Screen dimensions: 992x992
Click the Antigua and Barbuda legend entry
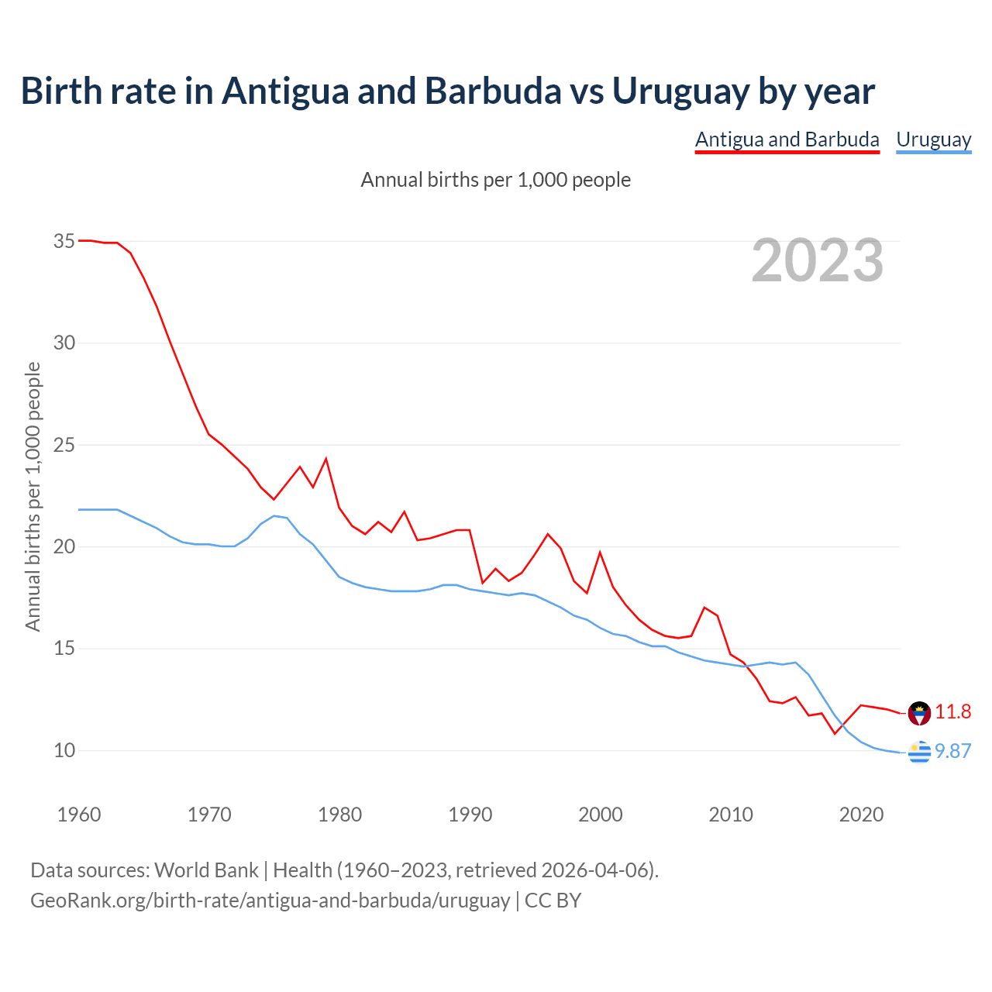[787, 139]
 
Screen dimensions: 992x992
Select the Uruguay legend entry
[933, 139]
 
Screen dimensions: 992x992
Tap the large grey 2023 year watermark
[818, 260]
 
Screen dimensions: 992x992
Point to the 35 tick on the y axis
[64, 241]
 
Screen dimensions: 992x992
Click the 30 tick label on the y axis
[64, 343]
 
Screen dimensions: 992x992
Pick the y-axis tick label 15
[64, 648]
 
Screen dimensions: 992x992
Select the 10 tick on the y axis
[64, 750]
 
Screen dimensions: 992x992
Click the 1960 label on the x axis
[79, 815]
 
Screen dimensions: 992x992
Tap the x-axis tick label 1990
[470, 815]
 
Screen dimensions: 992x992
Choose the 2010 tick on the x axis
[731, 815]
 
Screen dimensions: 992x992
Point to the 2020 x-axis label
[861, 815]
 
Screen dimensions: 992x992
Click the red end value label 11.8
[952, 711]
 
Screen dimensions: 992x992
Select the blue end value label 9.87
[952, 751]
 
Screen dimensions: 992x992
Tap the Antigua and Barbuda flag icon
[919, 712]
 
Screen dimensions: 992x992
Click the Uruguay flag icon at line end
[919, 752]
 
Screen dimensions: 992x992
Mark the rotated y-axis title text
[33, 497]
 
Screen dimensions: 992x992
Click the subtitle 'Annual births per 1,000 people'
[496, 180]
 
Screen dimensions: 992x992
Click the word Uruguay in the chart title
[680, 91]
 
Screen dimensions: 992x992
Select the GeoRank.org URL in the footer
[270, 900]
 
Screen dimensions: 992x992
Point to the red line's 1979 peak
[326, 459]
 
